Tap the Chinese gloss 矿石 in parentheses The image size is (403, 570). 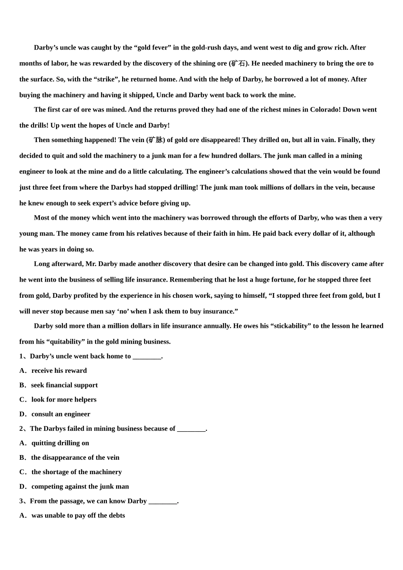(x=238, y=64)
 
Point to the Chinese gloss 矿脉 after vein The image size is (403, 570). (x=155, y=140)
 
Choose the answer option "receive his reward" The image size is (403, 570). (x=59, y=371)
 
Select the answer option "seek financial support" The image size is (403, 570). (x=64, y=385)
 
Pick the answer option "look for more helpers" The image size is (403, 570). (x=64, y=400)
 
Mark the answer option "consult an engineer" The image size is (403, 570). (x=61, y=414)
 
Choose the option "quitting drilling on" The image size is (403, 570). (x=60, y=443)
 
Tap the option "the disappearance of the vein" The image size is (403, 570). (x=75, y=458)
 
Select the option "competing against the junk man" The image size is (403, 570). (x=80, y=486)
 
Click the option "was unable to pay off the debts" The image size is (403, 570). (x=78, y=515)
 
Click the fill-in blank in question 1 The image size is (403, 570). (x=147, y=356)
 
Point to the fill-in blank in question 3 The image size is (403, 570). (x=163, y=501)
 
